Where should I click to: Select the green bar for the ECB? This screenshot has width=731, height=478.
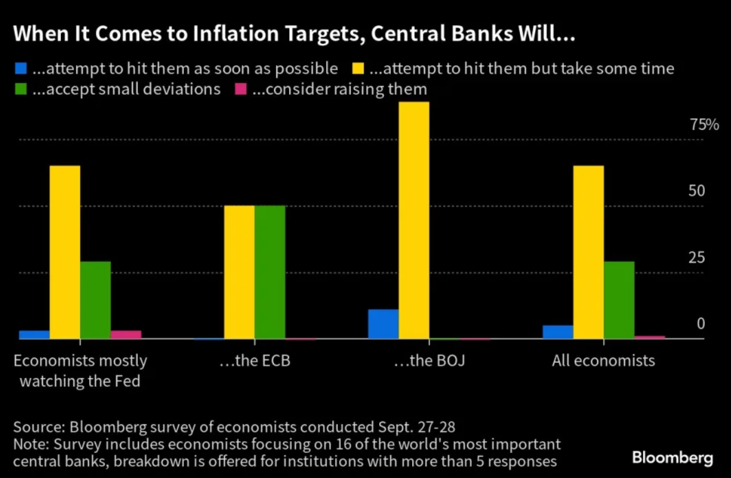point(270,272)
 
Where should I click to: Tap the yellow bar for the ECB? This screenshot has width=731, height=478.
point(239,272)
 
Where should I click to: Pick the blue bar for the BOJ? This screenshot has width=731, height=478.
point(383,324)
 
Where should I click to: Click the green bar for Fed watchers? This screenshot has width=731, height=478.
point(95,300)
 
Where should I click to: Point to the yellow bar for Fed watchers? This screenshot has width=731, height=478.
point(65,252)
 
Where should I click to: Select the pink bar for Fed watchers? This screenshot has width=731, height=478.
point(126,334)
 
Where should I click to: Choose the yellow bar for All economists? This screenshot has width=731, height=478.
point(588,252)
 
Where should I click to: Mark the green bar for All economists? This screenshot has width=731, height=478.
point(619,300)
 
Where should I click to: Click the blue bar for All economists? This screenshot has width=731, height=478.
point(557,332)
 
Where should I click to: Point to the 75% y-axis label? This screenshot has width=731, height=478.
point(705,125)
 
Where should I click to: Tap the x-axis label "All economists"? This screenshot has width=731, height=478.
point(603,360)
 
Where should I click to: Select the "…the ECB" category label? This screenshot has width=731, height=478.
point(255,360)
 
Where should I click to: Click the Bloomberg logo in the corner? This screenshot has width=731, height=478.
point(673,458)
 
